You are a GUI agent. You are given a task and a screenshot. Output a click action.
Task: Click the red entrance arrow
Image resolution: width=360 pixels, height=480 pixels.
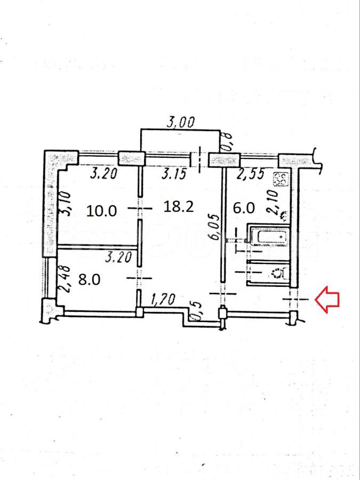327,300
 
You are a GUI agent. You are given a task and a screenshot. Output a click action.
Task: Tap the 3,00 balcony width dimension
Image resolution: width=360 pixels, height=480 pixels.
180,123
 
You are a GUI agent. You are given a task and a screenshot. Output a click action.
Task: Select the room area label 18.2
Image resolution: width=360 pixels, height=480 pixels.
179,206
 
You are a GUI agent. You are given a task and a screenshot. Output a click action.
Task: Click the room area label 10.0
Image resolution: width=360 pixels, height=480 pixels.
102,211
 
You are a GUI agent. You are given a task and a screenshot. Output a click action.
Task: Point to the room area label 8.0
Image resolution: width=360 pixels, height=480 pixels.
89,279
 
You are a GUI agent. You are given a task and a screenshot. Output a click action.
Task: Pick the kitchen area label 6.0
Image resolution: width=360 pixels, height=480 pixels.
244,208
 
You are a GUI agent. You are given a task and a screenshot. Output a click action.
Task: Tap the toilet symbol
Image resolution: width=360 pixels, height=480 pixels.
279,273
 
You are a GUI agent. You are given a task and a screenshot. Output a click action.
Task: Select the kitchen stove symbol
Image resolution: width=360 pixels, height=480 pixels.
282,179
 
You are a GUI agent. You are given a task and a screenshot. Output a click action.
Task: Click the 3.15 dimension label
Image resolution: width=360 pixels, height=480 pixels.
174,174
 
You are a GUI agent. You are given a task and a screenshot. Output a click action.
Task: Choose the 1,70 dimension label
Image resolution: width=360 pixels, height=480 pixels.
163,300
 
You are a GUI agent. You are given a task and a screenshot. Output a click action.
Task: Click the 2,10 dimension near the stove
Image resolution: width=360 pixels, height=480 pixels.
273,202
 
